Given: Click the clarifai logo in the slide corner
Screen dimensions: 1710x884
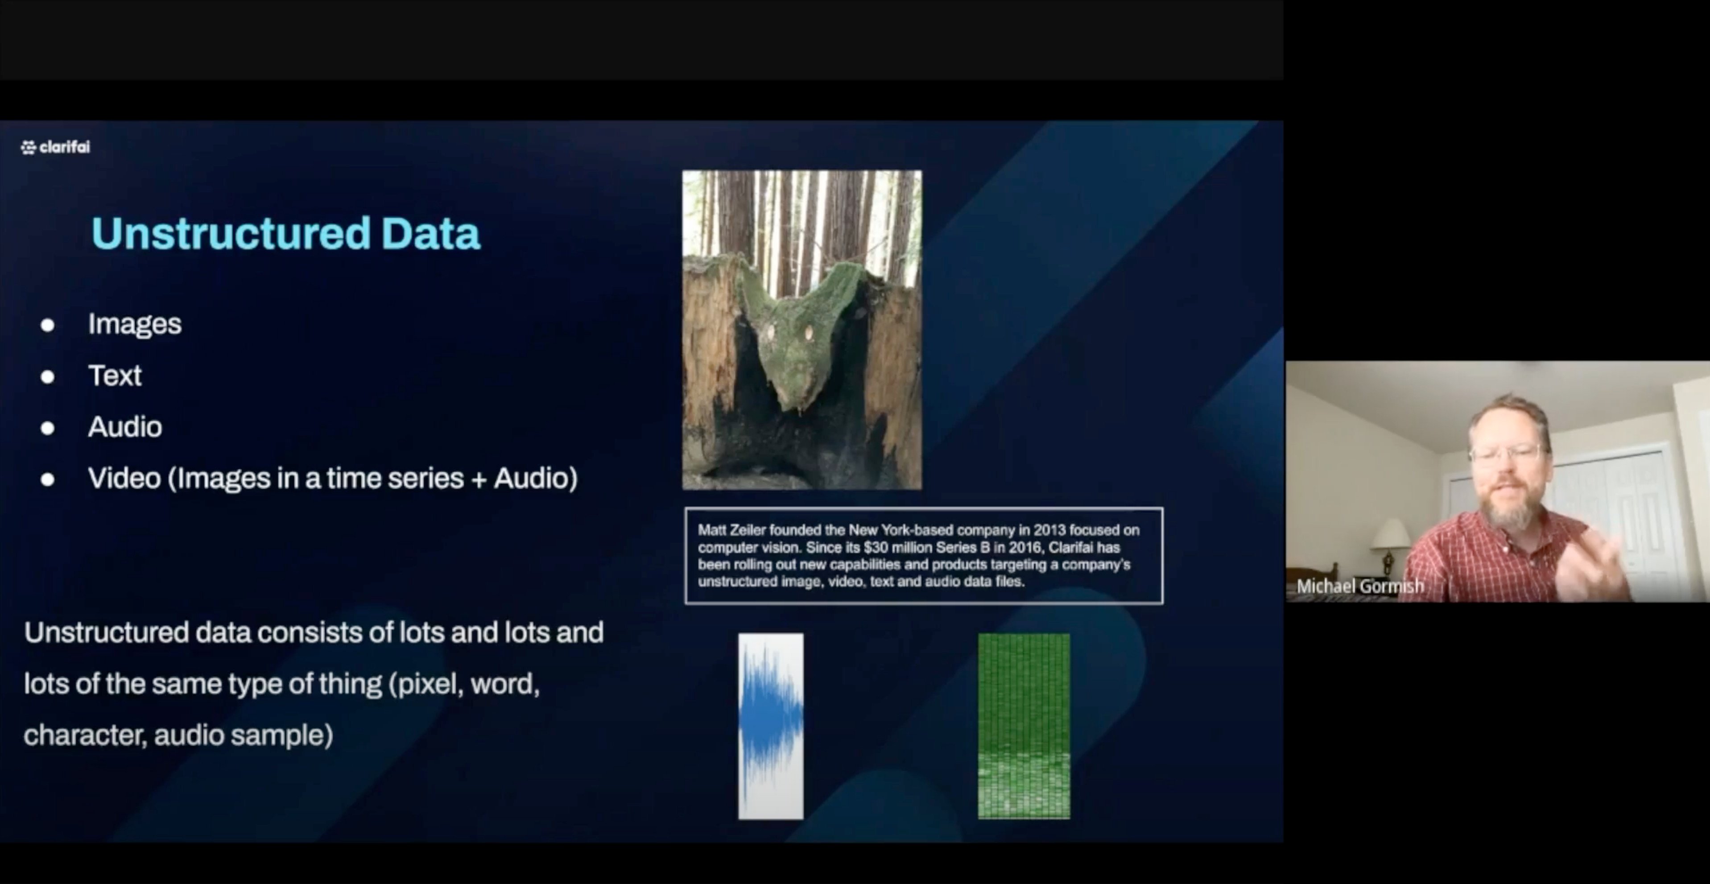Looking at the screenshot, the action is (55, 147).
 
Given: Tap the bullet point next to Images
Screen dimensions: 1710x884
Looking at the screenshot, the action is (47, 325).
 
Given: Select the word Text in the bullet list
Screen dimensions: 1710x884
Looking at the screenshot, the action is (115, 376).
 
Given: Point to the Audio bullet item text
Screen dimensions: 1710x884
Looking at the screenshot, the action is (125, 427).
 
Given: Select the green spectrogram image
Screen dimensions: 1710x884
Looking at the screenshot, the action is (1024, 726).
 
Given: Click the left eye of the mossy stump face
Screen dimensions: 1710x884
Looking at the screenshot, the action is (770, 332).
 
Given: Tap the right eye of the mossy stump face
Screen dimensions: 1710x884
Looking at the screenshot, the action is (809, 332).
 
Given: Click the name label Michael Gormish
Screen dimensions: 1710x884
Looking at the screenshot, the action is (1359, 587).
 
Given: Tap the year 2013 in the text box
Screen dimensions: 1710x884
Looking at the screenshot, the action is (1049, 530).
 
